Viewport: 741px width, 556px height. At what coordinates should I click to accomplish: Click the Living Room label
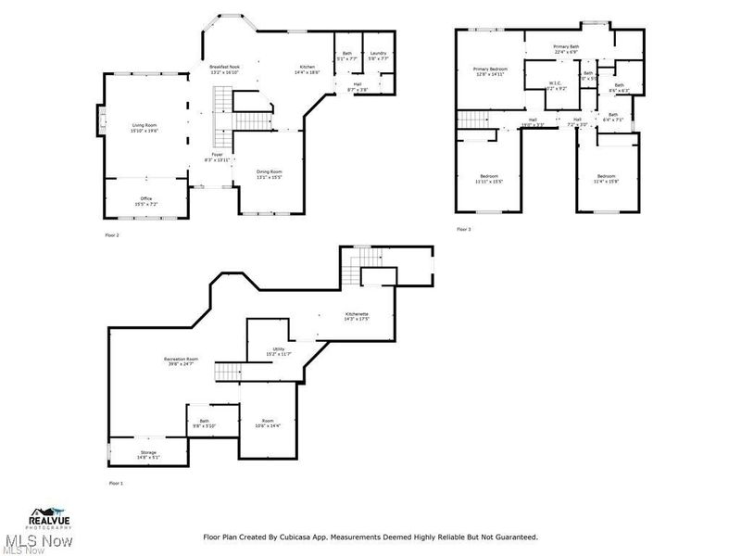click(x=144, y=125)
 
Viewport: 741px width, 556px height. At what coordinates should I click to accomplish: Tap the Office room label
click(x=145, y=199)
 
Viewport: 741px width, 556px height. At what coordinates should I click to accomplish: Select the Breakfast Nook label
click(x=225, y=66)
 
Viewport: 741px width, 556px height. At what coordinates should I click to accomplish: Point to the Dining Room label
click(x=269, y=172)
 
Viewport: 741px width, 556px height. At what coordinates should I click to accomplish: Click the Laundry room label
click(x=377, y=54)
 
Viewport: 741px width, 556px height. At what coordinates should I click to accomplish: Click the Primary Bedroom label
click(x=490, y=69)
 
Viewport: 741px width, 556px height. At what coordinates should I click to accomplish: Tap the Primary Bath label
click(x=567, y=46)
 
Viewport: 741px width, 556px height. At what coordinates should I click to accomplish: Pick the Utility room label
click(x=278, y=349)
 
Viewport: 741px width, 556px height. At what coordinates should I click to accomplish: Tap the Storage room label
click(x=148, y=453)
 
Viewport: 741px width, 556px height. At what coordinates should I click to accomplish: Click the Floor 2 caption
click(x=112, y=235)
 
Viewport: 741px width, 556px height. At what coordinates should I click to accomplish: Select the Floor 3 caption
click(x=463, y=229)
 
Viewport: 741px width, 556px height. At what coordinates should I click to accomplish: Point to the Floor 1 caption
click(x=116, y=483)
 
